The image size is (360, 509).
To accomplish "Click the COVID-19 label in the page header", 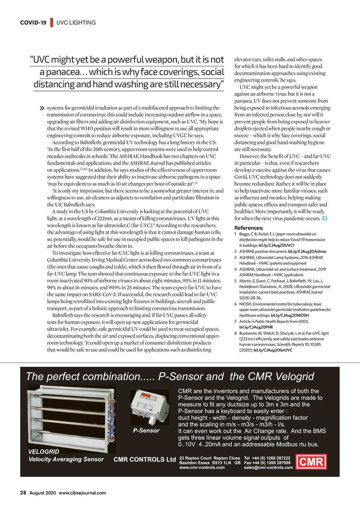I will tap(33, 22).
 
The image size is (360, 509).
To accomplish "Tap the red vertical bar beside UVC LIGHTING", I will tap(52, 22).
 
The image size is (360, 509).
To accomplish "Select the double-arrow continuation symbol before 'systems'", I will tap(43, 108).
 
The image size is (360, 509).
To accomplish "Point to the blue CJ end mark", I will tap(324, 218).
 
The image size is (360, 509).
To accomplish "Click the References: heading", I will tap(249, 228).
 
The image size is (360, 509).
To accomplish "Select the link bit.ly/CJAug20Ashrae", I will tap(307, 252).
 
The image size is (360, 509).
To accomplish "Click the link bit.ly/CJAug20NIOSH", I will tap(290, 315).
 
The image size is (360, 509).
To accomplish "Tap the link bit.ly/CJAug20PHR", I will tap(256, 327).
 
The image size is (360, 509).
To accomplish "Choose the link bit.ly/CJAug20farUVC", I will tap(273, 350).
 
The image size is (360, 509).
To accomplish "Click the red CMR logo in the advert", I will tap(311, 462).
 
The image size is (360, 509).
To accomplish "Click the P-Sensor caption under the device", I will tap(146, 430).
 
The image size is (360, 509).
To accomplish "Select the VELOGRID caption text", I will tap(44, 451).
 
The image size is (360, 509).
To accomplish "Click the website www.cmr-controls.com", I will tap(202, 467).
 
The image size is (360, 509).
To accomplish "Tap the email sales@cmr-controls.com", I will tap(268, 467).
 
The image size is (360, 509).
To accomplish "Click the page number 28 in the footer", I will tap(23, 492).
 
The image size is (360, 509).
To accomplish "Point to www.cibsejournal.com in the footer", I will tap(82, 493).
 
